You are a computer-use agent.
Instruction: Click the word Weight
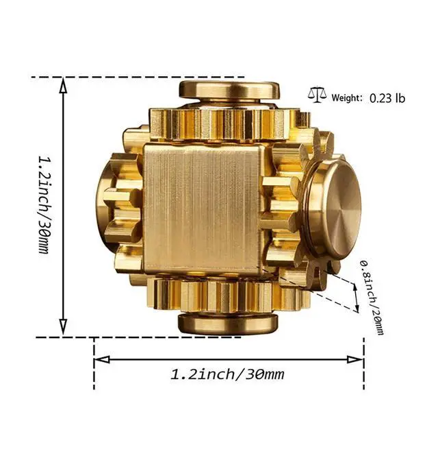click(347, 97)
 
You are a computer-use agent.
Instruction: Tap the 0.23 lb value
click(387, 97)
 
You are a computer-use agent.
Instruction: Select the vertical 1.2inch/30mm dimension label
click(44, 205)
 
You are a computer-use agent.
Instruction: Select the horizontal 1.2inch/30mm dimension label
click(227, 374)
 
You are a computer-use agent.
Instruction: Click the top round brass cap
click(227, 88)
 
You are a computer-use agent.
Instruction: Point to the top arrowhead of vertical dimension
click(64, 84)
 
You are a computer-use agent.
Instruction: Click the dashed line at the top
click(137, 77)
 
